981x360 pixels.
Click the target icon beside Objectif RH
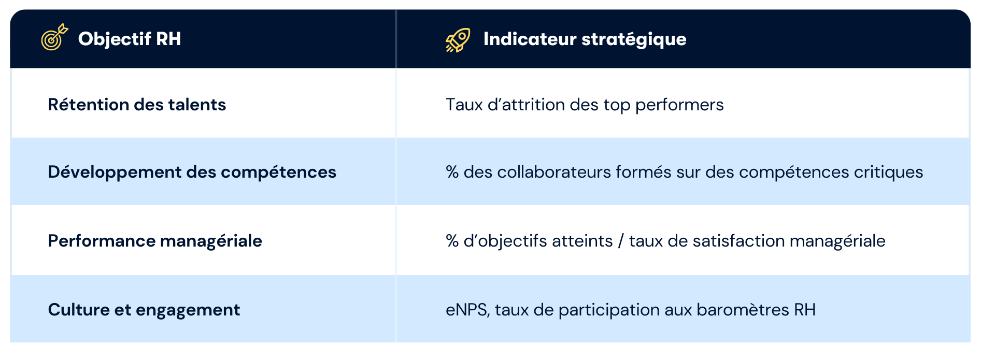[54, 37]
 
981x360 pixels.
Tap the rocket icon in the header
[458, 40]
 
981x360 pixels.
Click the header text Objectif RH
[130, 39]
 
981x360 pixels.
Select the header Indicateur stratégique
[585, 39]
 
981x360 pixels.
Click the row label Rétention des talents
[137, 105]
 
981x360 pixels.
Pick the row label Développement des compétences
[192, 172]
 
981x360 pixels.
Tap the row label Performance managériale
[155, 241]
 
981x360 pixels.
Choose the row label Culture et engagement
[144, 310]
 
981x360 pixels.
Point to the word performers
[679, 105]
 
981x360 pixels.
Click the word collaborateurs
[554, 172]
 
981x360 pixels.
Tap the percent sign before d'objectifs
[452, 241]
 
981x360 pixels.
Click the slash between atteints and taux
[621, 241]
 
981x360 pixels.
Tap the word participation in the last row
[609, 310]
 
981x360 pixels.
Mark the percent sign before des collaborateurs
[452, 172]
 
